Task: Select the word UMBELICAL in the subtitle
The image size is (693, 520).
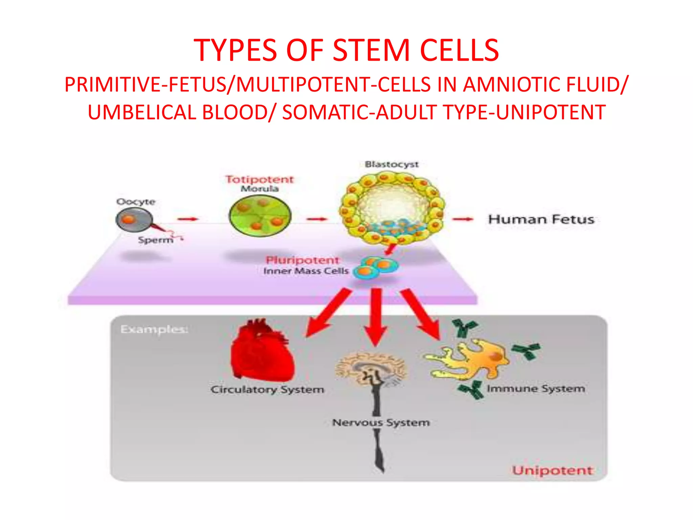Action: pos(142,112)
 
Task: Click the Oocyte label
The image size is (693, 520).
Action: pos(136,202)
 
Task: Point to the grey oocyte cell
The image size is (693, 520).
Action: pos(134,220)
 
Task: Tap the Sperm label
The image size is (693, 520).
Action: pos(155,240)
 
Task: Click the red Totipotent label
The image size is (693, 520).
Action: pos(260,179)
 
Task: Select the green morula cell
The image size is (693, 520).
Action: pos(260,216)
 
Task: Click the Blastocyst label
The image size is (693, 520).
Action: pos(392,164)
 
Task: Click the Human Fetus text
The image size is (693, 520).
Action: pos(541,219)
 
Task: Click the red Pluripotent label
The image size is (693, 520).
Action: pos(302,260)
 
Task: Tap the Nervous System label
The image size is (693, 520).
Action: pos(381,422)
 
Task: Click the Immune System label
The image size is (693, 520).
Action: pos(536,389)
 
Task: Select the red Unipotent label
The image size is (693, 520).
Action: pos(552,470)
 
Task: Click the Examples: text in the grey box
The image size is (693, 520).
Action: pos(154,329)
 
